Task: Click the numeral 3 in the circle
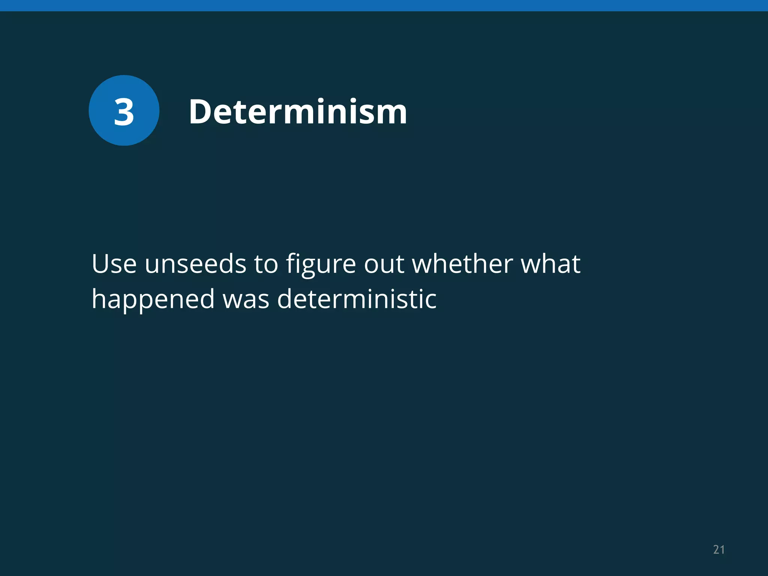point(124,112)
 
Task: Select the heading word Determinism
point(298,111)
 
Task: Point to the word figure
point(321,264)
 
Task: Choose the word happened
point(153,300)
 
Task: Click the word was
point(246,300)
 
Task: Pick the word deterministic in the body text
point(357,299)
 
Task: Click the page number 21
point(718,550)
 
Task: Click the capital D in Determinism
point(202,111)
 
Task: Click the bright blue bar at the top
point(384,5)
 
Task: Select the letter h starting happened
point(99,299)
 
